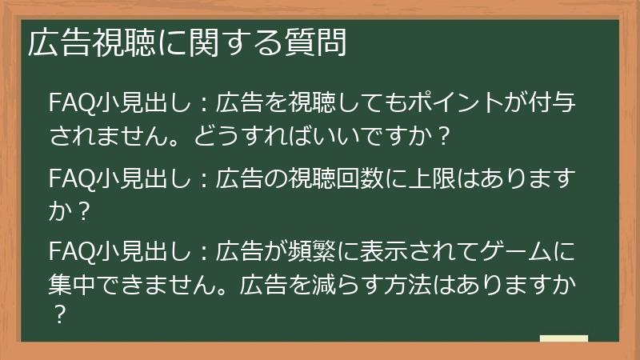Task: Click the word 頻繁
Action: point(315,254)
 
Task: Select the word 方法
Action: point(433,286)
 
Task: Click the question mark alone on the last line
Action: point(57,315)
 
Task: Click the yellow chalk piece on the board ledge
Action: point(563,339)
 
